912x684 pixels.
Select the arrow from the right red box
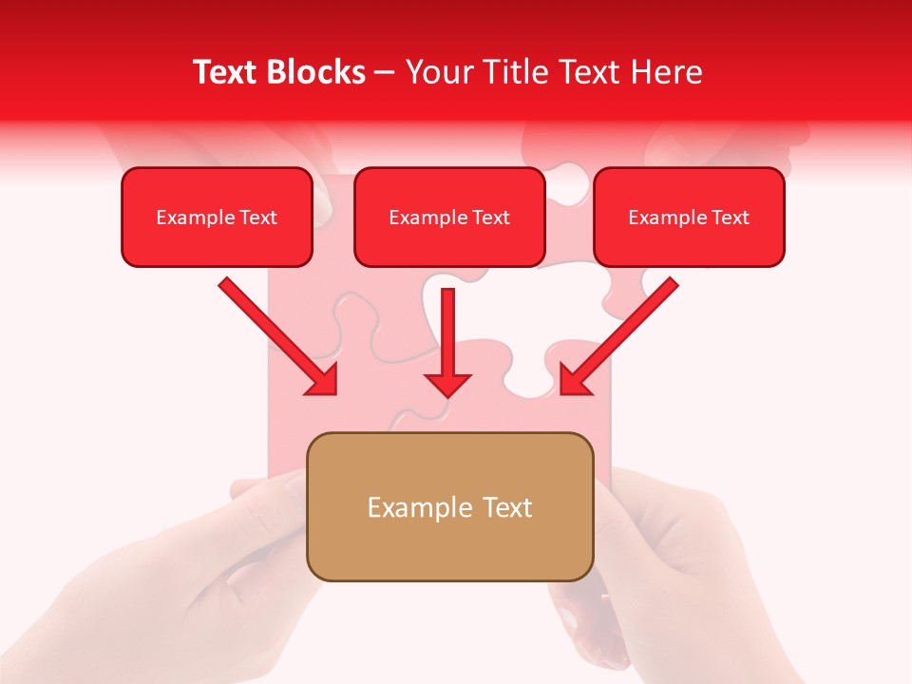pos(618,336)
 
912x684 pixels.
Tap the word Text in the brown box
pos(507,507)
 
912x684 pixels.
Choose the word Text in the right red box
pos(730,218)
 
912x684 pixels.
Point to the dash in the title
pos(386,73)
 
